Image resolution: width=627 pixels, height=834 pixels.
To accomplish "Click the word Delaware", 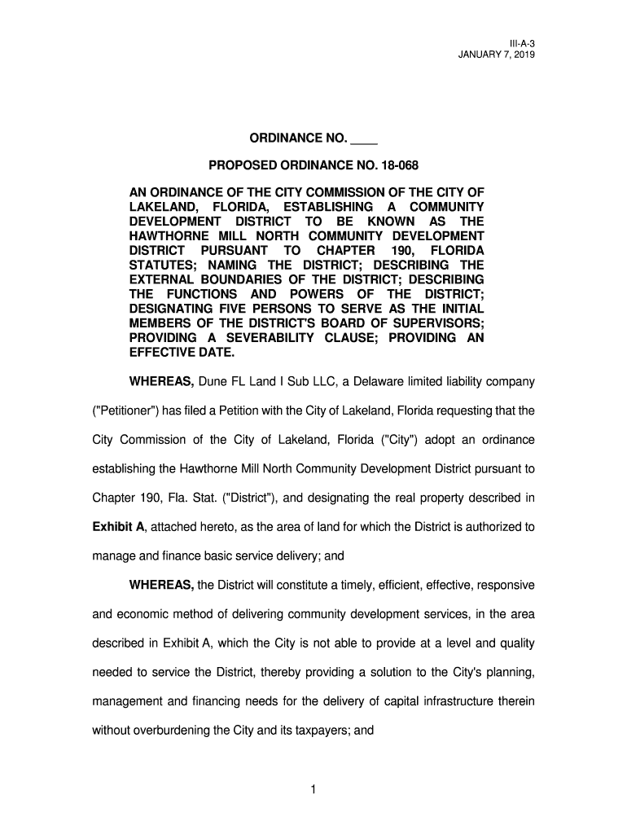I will click(361, 382).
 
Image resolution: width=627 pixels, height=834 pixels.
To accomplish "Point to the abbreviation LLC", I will click(315, 382).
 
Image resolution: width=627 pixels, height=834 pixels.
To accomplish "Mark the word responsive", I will click(504, 585).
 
